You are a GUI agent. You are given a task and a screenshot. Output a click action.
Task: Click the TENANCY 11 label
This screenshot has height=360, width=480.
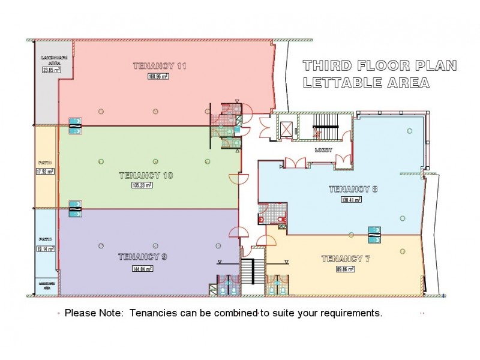coord(159,66)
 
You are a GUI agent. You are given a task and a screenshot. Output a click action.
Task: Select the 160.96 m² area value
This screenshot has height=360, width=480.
coord(159,77)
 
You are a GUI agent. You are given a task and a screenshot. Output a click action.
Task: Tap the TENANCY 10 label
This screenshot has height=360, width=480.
coord(146,175)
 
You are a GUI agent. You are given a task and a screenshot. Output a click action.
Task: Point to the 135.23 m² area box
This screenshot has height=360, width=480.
coord(142,185)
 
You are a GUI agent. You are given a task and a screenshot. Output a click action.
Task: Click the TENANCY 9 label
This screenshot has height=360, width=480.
coord(142,257)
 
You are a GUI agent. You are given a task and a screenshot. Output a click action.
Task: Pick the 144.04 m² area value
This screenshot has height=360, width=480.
coord(143,268)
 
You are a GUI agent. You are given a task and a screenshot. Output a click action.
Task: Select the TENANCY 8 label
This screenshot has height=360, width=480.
coord(353,190)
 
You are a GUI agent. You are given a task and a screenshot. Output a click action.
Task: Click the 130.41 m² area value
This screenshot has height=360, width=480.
coord(351,200)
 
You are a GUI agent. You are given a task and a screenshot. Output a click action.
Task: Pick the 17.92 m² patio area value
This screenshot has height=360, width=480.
coord(45,171)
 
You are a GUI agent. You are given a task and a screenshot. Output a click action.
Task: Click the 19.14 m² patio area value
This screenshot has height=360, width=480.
coord(45,248)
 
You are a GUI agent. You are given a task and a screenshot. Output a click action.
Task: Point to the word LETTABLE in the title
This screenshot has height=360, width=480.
coord(340,83)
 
